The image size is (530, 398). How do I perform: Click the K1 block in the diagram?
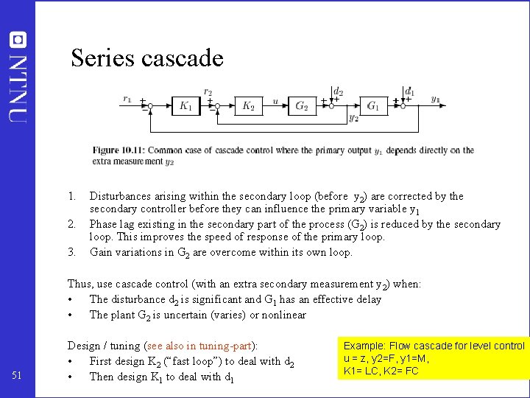[x=185, y=105]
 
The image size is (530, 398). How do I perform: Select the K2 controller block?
[x=249, y=105]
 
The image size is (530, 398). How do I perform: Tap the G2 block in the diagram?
[x=302, y=105]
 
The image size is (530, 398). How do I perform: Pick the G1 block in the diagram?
[x=373, y=105]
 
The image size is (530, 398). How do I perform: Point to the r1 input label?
[x=127, y=99]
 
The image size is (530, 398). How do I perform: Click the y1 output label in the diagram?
[x=436, y=99]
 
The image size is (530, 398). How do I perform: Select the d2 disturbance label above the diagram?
[x=338, y=92]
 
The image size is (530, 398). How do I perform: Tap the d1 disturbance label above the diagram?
[x=409, y=92]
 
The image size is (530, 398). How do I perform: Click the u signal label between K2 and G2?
[x=275, y=101]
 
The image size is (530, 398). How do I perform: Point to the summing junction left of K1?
[x=149, y=106]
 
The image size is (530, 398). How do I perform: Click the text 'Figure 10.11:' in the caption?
[x=117, y=150]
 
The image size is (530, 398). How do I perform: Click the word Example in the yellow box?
[x=364, y=346]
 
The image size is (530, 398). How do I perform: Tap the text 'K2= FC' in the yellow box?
[x=400, y=370]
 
